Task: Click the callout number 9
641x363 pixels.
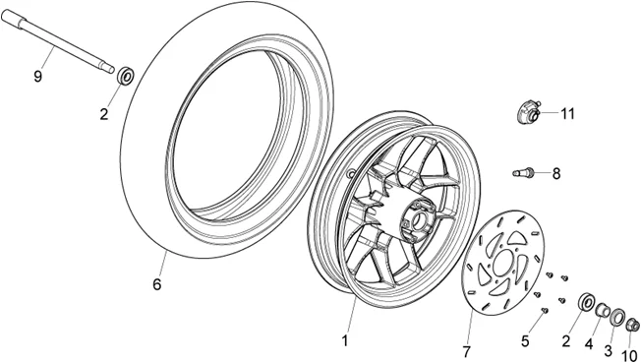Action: point(38,76)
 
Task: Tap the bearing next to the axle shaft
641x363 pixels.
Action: point(126,75)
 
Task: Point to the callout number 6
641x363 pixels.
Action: point(155,285)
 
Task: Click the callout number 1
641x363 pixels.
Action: point(345,340)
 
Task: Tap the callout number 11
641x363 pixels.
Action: point(568,113)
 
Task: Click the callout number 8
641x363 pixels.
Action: point(556,174)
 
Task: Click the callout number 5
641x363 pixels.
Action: point(526,340)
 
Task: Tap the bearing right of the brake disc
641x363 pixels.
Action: point(586,301)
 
